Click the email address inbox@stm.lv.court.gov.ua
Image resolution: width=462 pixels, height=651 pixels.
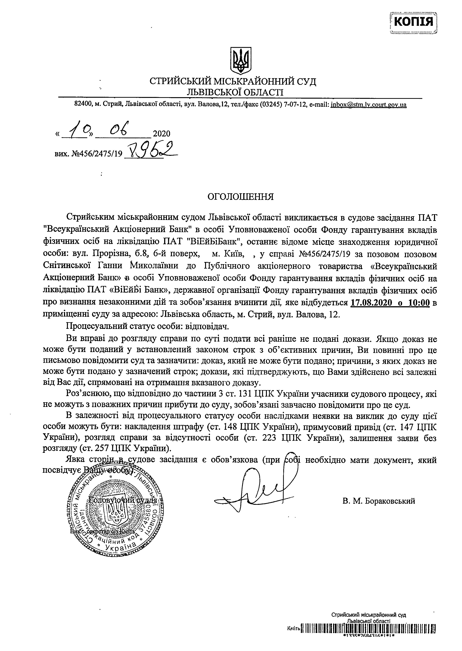point(368,105)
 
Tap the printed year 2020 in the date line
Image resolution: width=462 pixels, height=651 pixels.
point(161,134)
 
